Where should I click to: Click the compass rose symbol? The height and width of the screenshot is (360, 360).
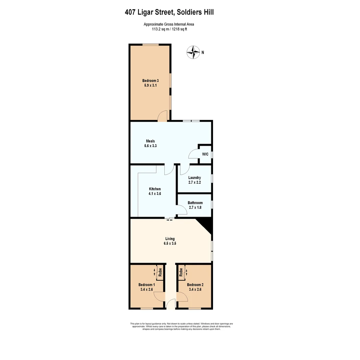coord(193,52)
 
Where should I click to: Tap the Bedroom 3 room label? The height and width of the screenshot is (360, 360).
coord(150,81)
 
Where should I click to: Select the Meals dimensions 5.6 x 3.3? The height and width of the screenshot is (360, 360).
coord(150,146)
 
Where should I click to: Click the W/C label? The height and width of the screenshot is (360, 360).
coord(205,154)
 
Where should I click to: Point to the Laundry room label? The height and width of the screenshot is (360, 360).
coord(194,178)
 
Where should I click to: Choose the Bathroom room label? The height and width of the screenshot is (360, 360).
coord(195,203)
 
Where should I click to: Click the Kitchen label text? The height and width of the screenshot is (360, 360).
coord(155,189)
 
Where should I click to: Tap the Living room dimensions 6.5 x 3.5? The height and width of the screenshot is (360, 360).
coord(170,243)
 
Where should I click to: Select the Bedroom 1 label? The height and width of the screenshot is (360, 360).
coord(147,285)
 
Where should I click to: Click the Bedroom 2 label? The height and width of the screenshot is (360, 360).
coord(195,285)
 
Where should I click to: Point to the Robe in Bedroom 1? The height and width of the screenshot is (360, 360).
coord(160,272)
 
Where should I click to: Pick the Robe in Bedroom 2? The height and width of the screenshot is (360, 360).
coord(181,273)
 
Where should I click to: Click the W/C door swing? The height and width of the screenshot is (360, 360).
coord(193,154)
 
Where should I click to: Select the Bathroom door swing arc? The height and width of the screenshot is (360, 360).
coord(182,210)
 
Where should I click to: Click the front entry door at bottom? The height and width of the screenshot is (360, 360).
coord(171,304)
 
